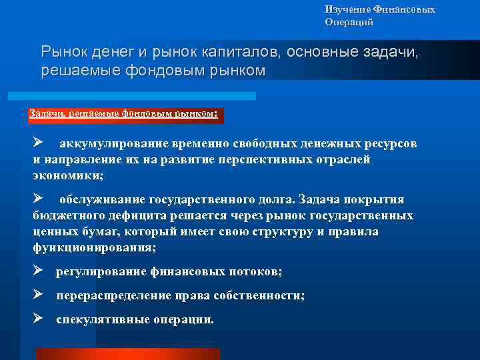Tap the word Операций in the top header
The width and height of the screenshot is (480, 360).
349,22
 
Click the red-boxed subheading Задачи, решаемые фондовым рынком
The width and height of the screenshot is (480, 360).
123,113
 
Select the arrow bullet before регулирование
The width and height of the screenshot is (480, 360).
38,271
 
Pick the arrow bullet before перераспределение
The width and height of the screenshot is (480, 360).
38,295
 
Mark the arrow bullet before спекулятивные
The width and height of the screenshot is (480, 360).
38,319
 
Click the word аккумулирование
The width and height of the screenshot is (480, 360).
109,144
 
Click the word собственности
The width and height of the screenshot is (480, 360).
261,296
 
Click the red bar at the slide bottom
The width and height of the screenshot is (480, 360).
127,354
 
